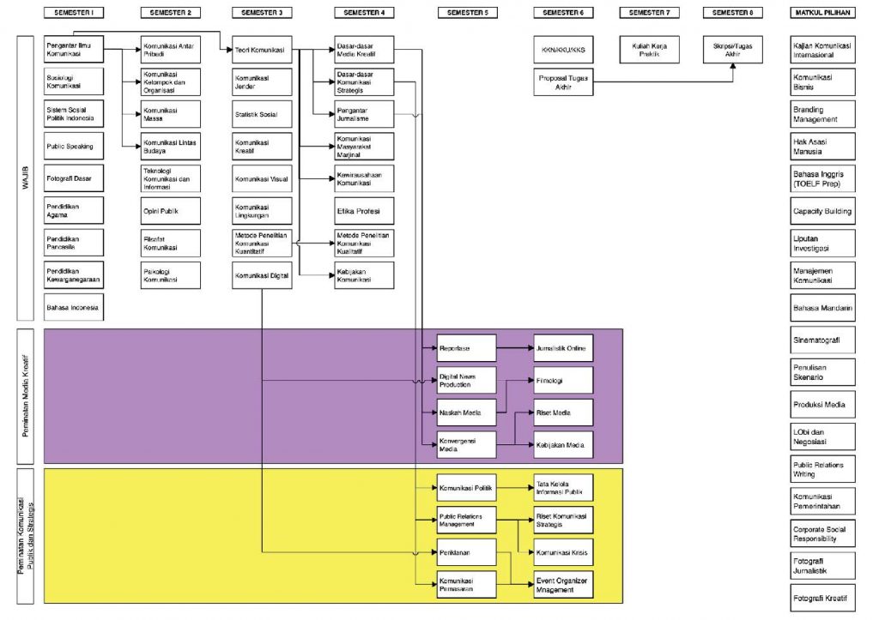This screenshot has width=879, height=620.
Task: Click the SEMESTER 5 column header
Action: (467, 14)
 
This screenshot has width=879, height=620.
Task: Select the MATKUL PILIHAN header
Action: (823, 14)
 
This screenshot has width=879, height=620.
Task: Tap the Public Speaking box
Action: (74, 146)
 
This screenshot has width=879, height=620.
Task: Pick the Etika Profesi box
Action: (364, 210)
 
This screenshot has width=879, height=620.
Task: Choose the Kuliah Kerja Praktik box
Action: (650, 50)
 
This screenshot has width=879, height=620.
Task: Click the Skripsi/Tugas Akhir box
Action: (732, 50)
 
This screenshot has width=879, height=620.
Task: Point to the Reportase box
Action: (467, 348)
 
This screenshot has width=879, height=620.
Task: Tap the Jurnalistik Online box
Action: (563, 348)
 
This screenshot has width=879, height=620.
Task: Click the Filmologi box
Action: (563, 380)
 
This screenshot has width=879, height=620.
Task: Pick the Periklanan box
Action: (467, 552)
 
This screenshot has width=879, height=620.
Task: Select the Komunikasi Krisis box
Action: (563, 552)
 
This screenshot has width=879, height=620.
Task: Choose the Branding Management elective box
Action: (823, 114)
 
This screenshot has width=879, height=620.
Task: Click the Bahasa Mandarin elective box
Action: (823, 307)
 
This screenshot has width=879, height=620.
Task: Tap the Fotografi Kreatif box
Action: (823, 597)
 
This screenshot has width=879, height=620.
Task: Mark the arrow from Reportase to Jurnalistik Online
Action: (515, 348)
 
